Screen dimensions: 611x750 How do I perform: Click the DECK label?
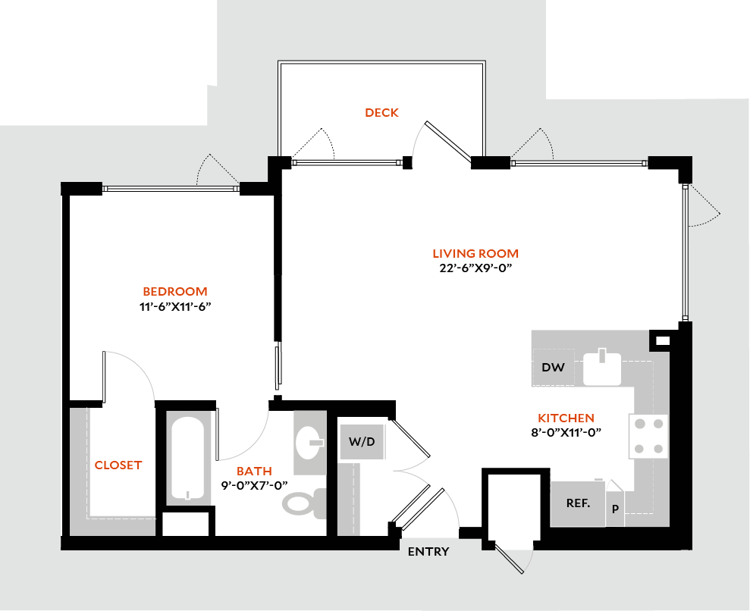click(x=381, y=113)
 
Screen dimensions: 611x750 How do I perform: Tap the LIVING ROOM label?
click(x=475, y=254)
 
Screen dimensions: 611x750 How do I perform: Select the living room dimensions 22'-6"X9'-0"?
click(x=475, y=268)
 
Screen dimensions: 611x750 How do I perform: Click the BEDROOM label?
click(x=175, y=292)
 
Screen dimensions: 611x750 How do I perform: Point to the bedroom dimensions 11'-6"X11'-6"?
click(x=175, y=306)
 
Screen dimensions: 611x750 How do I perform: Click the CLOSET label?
click(x=118, y=465)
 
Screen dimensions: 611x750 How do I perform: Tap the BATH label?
click(x=254, y=472)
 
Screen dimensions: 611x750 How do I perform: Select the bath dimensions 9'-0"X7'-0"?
click(x=254, y=486)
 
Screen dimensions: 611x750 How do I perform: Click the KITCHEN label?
click(x=566, y=418)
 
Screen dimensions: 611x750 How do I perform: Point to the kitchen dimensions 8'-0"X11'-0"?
click(x=566, y=433)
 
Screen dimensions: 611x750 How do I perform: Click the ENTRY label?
click(x=428, y=552)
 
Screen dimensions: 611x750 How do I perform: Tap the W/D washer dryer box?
click(x=362, y=441)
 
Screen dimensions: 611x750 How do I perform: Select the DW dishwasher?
click(x=554, y=368)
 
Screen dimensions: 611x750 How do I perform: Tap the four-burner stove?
click(x=648, y=437)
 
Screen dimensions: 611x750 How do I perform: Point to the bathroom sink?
click(x=309, y=442)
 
